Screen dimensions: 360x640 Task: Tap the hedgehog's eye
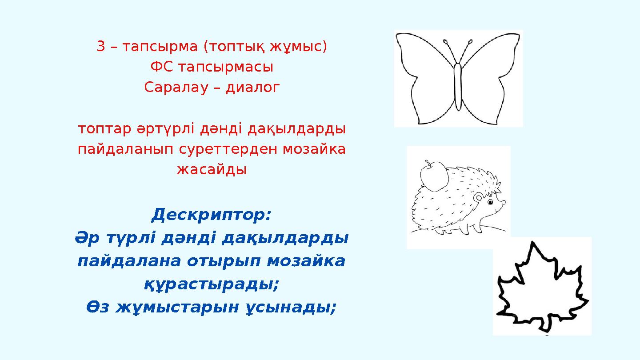(x=491, y=203)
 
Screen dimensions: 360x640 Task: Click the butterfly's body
(x=458, y=86)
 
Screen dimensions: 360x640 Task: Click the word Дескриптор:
(x=211, y=216)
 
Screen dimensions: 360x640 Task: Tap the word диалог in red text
(x=253, y=88)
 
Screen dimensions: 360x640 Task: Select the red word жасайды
(x=212, y=169)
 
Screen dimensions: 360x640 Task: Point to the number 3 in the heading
(x=101, y=46)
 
